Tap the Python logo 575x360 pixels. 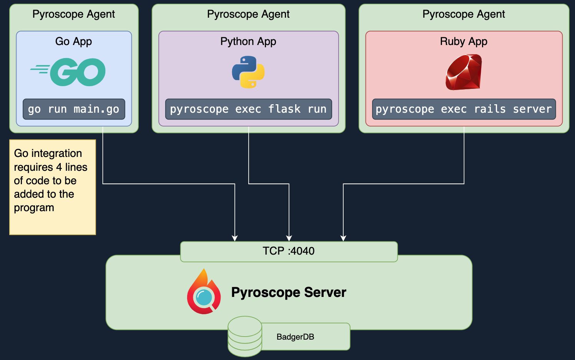point(248,72)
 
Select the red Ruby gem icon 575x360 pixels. point(464,72)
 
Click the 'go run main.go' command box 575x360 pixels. point(74,109)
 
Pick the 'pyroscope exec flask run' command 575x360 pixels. point(248,109)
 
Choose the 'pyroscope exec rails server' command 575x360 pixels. point(464,109)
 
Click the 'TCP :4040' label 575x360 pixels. point(289,251)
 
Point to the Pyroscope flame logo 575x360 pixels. point(204,292)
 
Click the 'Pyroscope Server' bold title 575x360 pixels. point(289,292)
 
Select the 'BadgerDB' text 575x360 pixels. point(295,337)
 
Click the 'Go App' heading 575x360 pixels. point(74,41)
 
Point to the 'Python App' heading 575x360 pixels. point(248,41)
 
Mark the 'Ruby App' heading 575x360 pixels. point(464,41)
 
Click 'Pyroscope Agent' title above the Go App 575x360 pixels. point(74,14)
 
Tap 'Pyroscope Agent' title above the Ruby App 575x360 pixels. point(464,14)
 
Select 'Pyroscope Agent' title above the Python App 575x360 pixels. point(248,14)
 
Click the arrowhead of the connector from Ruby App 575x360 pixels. point(343,238)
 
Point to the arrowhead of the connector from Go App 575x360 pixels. point(235,238)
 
